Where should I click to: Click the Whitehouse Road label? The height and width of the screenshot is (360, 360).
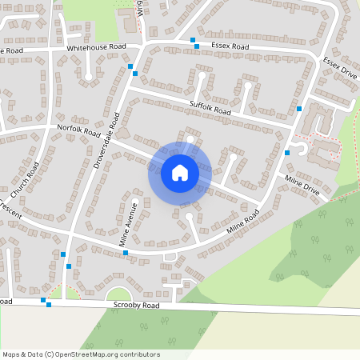click(x=97, y=48)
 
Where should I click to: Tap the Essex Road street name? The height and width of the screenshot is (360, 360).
click(x=230, y=47)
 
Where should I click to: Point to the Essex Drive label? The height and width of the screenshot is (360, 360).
click(x=340, y=66)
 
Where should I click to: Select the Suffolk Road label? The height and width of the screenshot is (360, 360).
click(x=210, y=107)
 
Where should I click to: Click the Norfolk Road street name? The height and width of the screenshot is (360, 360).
click(x=78, y=130)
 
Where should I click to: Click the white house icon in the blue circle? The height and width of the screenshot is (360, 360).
click(x=179, y=172)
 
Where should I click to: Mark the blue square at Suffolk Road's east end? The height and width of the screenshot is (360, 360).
click(x=299, y=108)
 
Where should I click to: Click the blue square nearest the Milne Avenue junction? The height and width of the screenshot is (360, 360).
click(x=126, y=253)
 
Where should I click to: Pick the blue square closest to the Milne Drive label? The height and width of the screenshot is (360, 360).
click(x=287, y=152)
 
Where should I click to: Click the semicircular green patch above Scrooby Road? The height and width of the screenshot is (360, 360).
click(x=118, y=295)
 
